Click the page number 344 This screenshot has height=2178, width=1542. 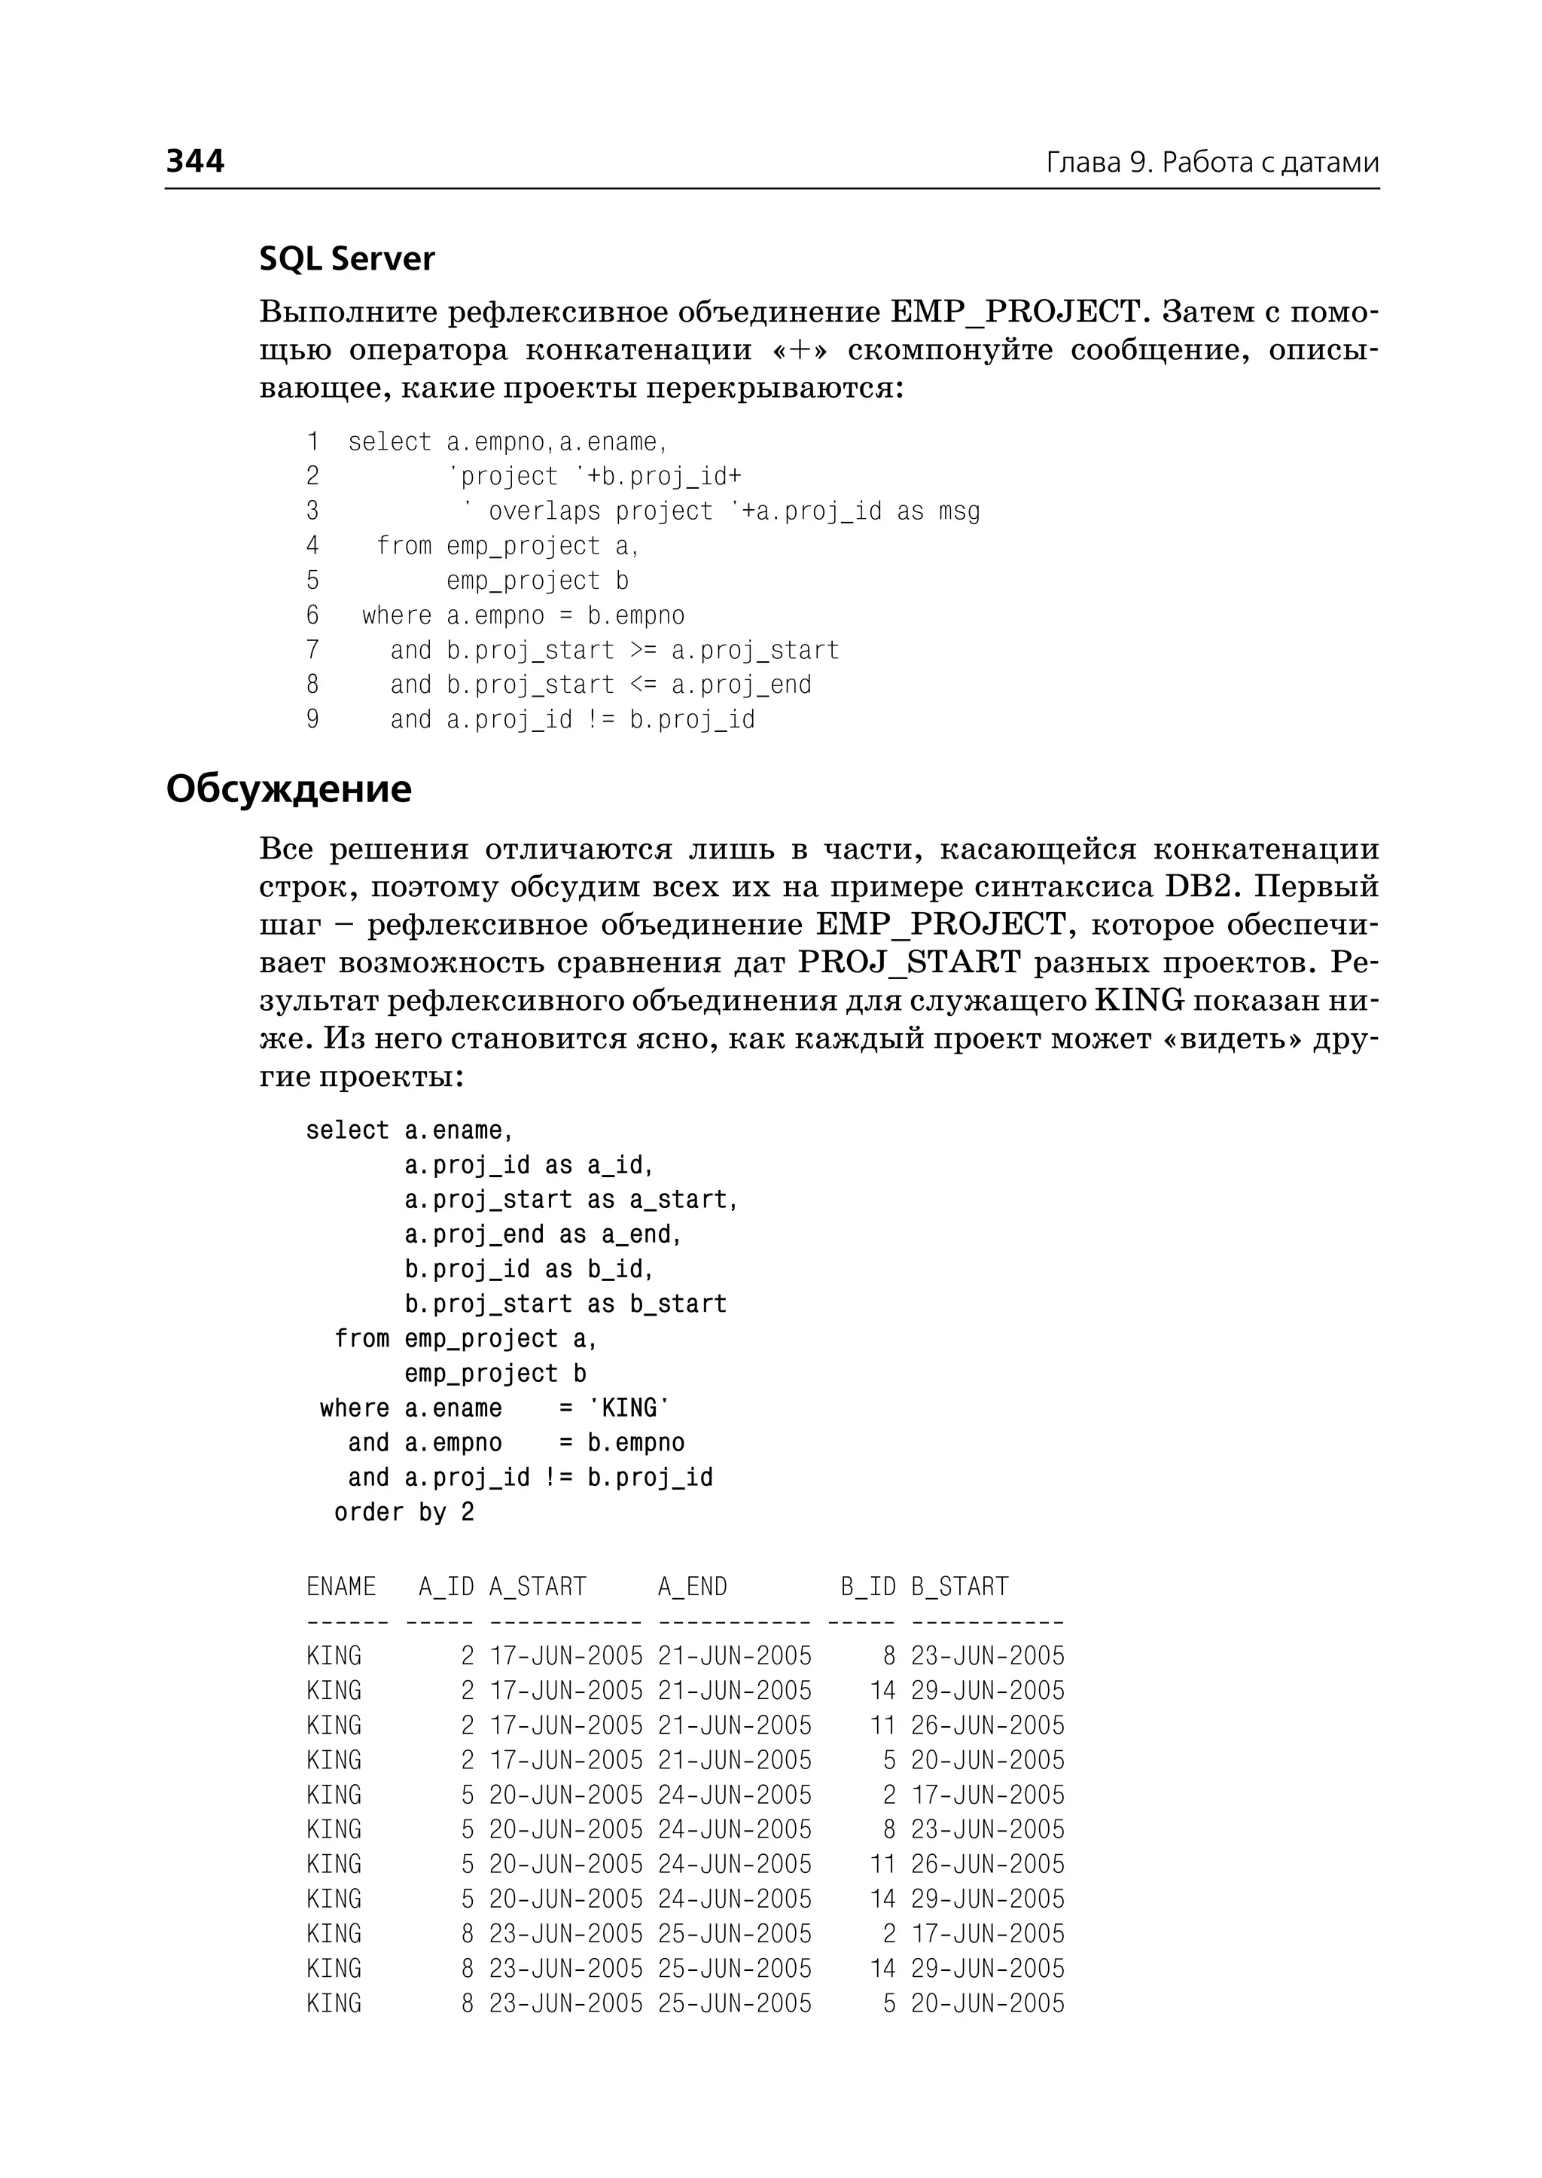pyautogui.click(x=195, y=160)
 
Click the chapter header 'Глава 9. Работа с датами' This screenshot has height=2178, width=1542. pyautogui.click(x=1211, y=163)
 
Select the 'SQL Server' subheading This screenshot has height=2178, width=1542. pyautogui.click(x=346, y=258)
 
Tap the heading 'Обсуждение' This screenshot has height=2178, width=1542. pyautogui.click(x=288, y=789)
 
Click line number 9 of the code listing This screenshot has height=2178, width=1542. pyautogui.click(x=312, y=719)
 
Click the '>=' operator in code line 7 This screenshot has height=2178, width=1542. pyautogui.click(x=643, y=650)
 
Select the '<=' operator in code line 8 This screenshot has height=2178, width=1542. pyautogui.click(x=643, y=685)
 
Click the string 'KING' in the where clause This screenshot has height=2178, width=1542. pyautogui.click(x=629, y=1408)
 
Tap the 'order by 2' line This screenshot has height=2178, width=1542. pyautogui.click(x=404, y=1511)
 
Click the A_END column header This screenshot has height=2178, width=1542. pyautogui.click(x=692, y=1586)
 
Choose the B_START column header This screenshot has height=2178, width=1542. pyautogui.click(x=959, y=1586)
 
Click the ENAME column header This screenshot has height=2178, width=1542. pyautogui.click(x=341, y=1586)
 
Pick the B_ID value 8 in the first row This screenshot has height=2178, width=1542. pyautogui.click(x=888, y=1655)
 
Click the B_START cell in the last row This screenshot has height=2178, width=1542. pyautogui.click(x=988, y=2003)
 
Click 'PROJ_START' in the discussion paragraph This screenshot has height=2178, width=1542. pyautogui.click(x=909, y=962)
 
